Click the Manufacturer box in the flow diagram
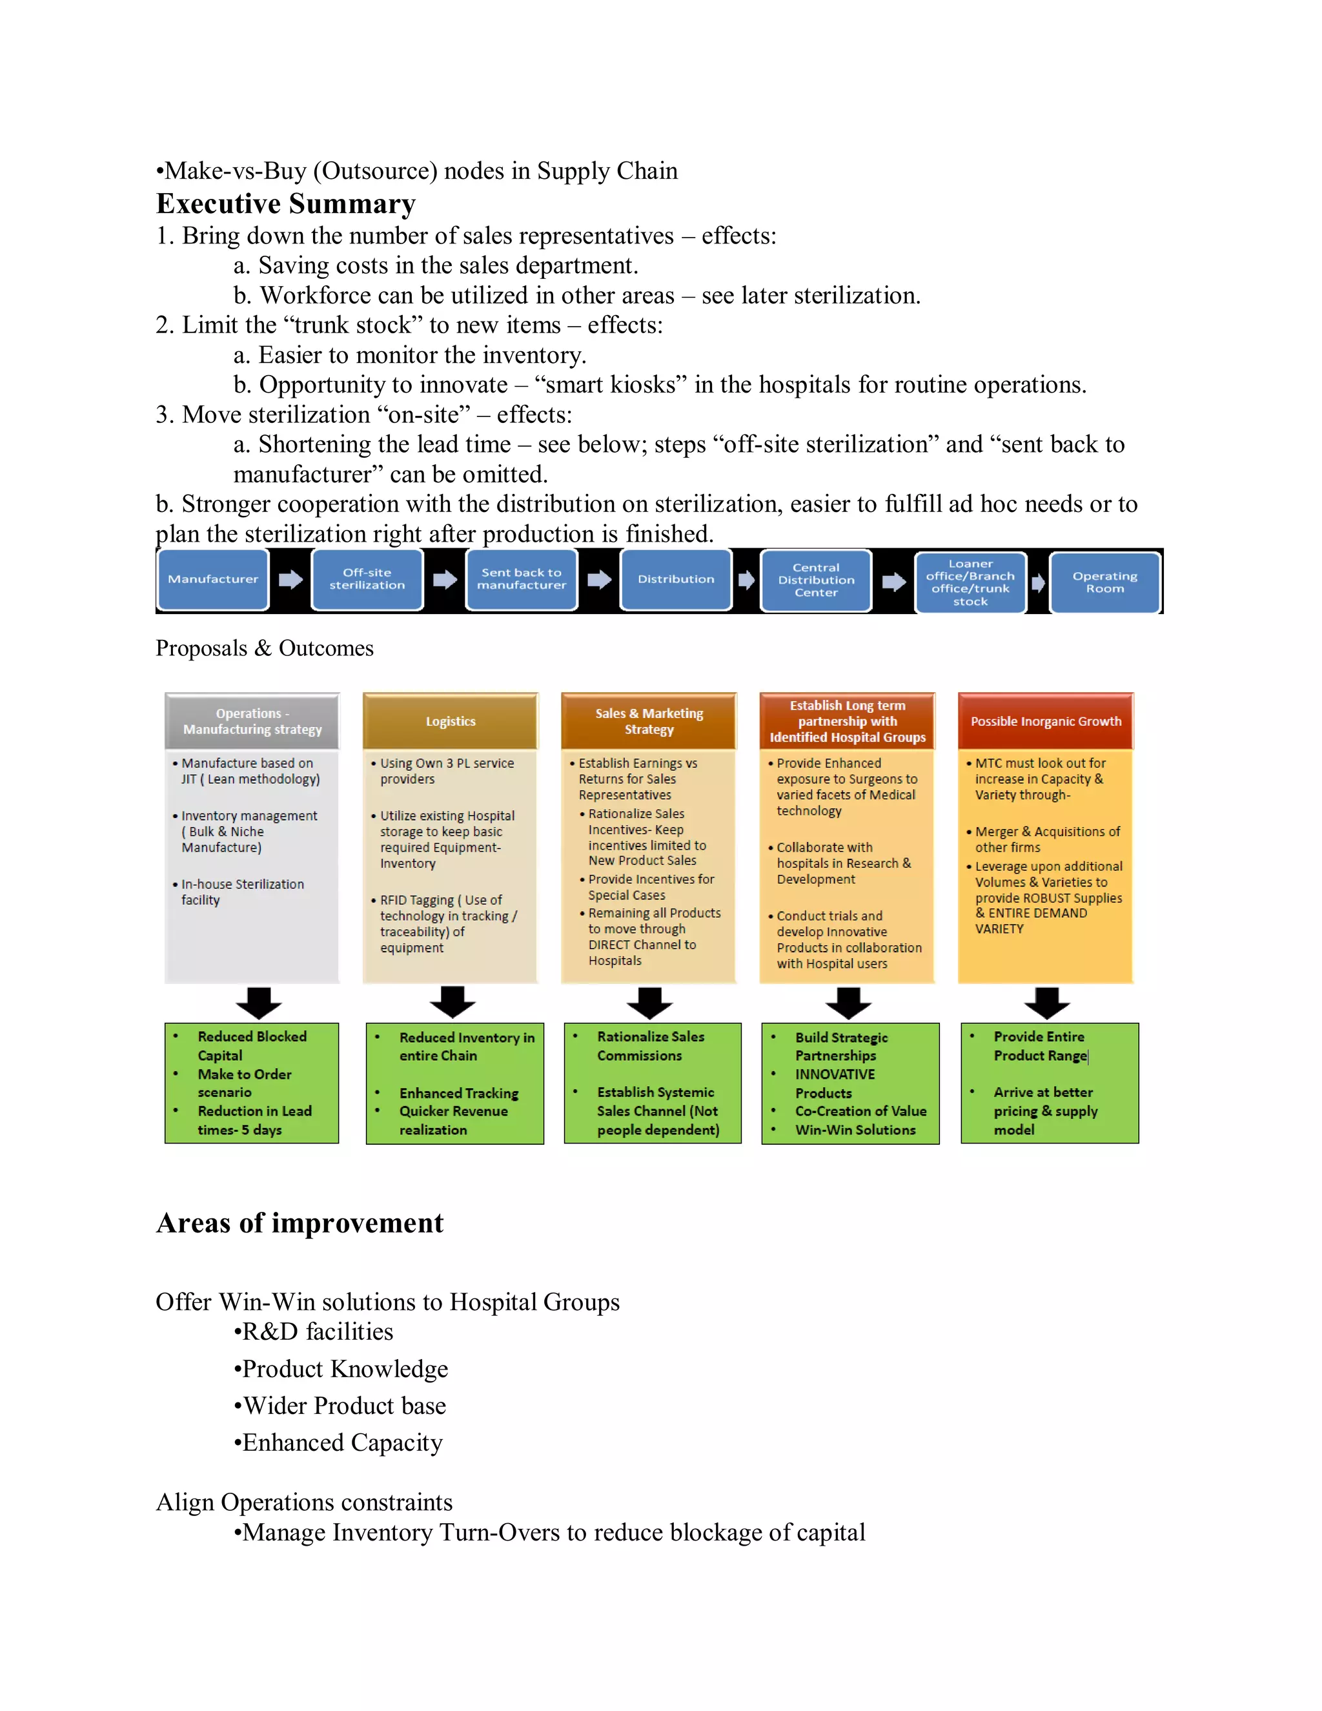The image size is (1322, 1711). pyautogui.click(x=213, y=580)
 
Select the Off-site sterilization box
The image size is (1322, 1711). pyautogui.click(x=367, y=580)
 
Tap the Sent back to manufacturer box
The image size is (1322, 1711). pyautogui.click(x=522, y=580)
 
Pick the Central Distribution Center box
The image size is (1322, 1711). pyautogui.click(x=816, y=580)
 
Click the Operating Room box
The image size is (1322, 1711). pyautogui.click(x=1104, y=582)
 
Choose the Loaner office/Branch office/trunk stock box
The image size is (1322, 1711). pyautogui.click(x=970, y=582)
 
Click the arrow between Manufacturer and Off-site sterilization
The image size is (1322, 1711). pyautogui.click(x=290, y=580)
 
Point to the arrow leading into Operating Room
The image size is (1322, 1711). pyautogui.click(x=1039, y=583)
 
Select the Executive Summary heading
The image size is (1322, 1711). pyautogui.click(x=286, y=203)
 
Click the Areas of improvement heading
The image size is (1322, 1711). pyautogui.click(x=300, y=1223)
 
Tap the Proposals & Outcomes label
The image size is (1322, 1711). pyautogui.click(x=265, y=649)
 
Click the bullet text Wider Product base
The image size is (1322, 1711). pyautogui.click(x=345, y=1406)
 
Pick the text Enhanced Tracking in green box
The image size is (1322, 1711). pyautogui.click(x=459, y=1093)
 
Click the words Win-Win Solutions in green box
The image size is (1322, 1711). pyautogui.click(x=855, y=1130)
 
